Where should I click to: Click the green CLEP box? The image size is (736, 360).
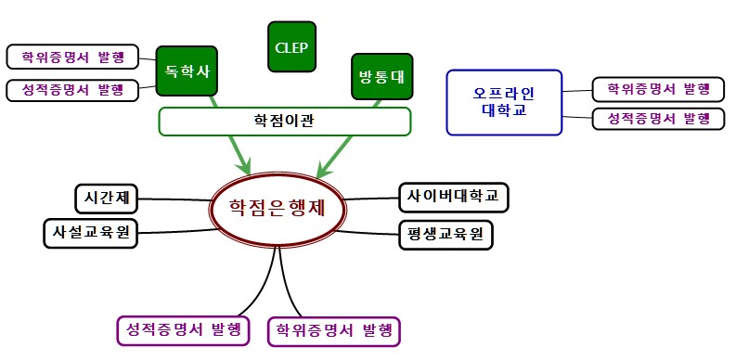coord(291,45)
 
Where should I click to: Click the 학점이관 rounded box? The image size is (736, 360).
coord(284,121)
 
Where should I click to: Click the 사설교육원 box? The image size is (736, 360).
coord(90,232)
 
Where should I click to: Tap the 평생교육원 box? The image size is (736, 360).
coord(445,234)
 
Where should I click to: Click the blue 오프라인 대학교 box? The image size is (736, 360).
coord(504,101)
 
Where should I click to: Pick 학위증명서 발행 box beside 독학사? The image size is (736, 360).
coord(72,57)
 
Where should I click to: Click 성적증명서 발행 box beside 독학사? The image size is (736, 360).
coord(72,90)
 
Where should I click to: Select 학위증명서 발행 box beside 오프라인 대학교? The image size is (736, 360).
coord(658,89)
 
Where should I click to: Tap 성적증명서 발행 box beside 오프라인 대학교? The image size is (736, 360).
coord(658,119)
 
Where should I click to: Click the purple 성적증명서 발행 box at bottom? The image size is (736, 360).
coord(184,329)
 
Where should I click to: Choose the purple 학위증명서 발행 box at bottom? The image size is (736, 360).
coord(334,330)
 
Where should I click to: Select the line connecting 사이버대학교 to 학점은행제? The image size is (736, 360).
coord(371,198)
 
